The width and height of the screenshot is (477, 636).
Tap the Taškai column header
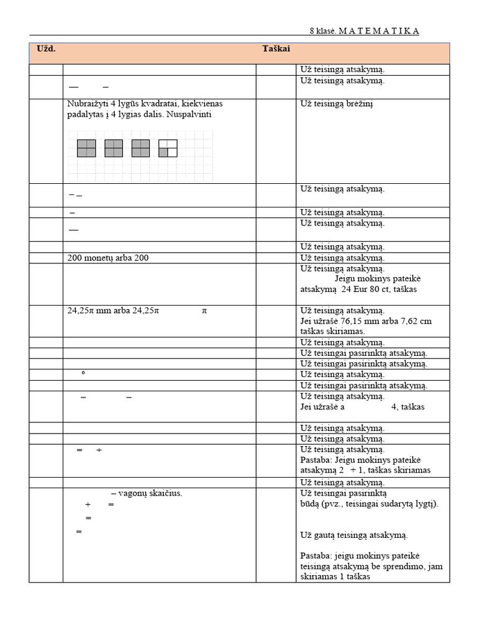click(x=276, y=48)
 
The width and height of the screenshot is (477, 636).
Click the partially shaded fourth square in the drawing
click(x=168, y=148)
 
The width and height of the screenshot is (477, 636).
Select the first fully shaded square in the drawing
click(x=86, y=148)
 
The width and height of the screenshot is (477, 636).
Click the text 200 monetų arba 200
click(x=108, y=258)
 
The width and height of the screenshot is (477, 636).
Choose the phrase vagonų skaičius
click(x=151, y=493)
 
